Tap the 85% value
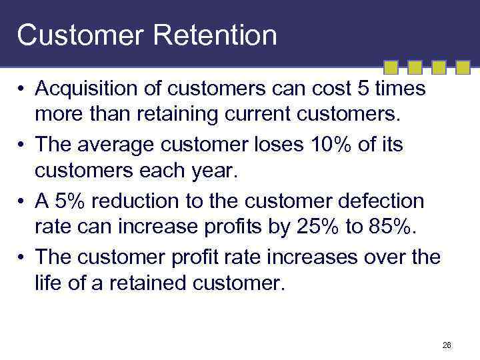(x=386, y=228)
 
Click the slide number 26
(x=447, y=345)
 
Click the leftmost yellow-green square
(x=392, y=67)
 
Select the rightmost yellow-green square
(x=462, y=67)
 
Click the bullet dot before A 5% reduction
(x=22, y=201)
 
